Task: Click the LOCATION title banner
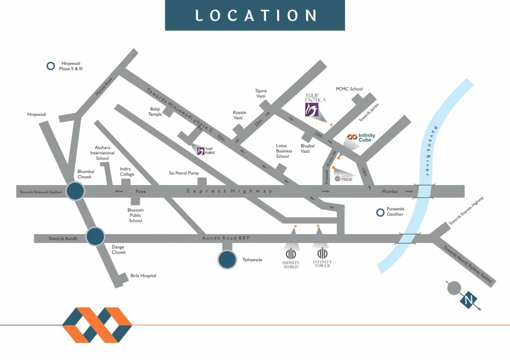coord(255,15)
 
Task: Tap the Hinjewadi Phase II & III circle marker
coord(50,66)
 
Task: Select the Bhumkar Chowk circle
coord(75,191)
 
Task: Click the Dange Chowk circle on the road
coord(95,237)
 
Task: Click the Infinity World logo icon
coord(291,252)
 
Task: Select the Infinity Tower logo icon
coord(322,252)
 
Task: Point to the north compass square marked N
coord(468,300)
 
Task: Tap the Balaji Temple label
coord(155,111)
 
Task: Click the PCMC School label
coord(349,89)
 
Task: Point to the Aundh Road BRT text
coord(226,239)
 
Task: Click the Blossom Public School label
coord(135,215)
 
